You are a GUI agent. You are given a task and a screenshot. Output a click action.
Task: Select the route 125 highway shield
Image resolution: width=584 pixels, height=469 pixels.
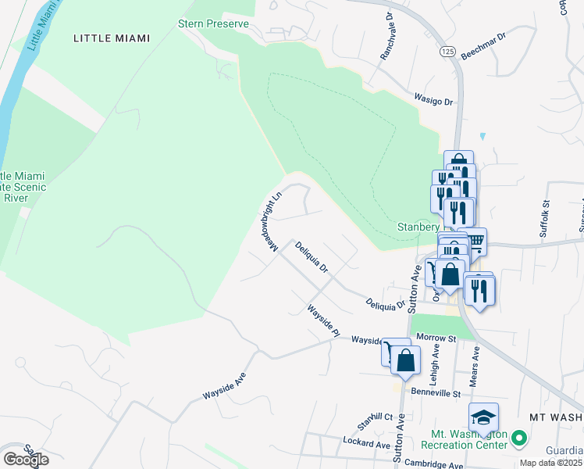pos(446,51)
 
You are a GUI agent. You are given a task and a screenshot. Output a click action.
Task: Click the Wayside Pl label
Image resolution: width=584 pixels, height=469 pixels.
pos(325,320)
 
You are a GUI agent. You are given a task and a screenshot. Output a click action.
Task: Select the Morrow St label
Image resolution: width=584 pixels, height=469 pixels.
pos(436,338)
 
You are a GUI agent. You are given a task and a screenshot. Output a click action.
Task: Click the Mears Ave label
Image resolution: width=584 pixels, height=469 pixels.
pos(475,362)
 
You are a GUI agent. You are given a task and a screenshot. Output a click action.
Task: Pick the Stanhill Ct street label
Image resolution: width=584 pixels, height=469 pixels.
pos(375,417)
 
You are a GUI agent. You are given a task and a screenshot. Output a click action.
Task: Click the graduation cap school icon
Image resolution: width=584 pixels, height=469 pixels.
pos(483,417)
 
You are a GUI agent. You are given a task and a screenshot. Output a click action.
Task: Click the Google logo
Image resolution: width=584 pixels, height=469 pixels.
pos(26,460)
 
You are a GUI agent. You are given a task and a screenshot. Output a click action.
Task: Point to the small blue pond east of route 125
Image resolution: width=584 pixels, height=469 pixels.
pos(483,137)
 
